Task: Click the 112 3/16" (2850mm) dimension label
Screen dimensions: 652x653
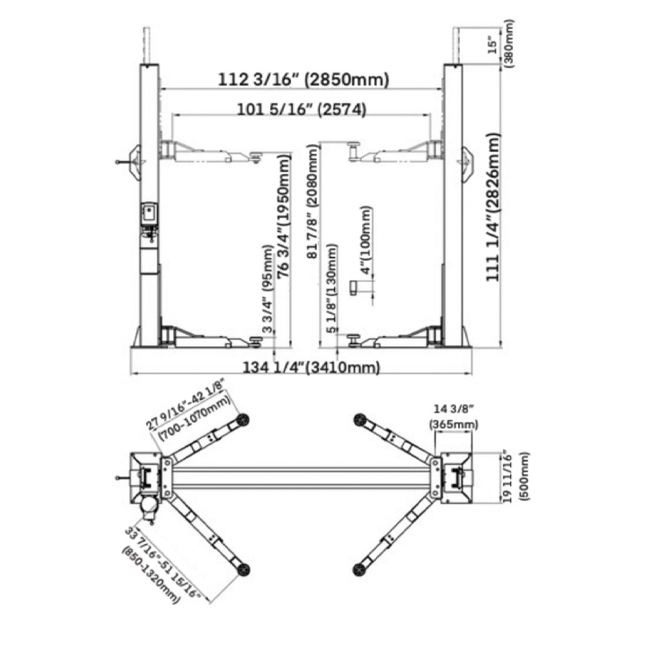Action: (303, 79)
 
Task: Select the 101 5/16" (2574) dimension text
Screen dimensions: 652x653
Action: (301, 109)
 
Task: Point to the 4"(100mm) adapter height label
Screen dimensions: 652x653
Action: (366, 240)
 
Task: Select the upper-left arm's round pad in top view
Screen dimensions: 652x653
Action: (243, 420)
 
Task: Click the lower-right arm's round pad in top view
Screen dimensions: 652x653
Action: (361, 569)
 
